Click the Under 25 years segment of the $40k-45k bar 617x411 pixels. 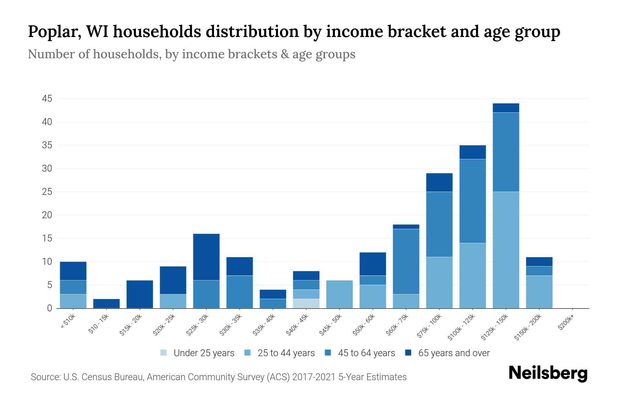(306, 303)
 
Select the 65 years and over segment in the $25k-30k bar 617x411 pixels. (206, 257)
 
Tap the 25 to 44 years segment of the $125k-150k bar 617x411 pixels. (506, 250)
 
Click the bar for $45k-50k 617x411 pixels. (339, 294)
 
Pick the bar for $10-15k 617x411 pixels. (106, 303)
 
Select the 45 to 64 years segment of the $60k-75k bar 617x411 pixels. (406, 262)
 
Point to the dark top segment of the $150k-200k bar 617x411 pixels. (539, 262)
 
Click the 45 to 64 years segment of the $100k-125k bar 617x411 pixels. (472, 201)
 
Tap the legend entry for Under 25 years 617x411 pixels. (197, 353)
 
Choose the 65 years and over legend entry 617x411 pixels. (447, 353)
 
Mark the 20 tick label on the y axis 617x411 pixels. (47, 215)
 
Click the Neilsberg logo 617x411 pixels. (548, 373)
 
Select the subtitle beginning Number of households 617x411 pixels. (191, 54)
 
